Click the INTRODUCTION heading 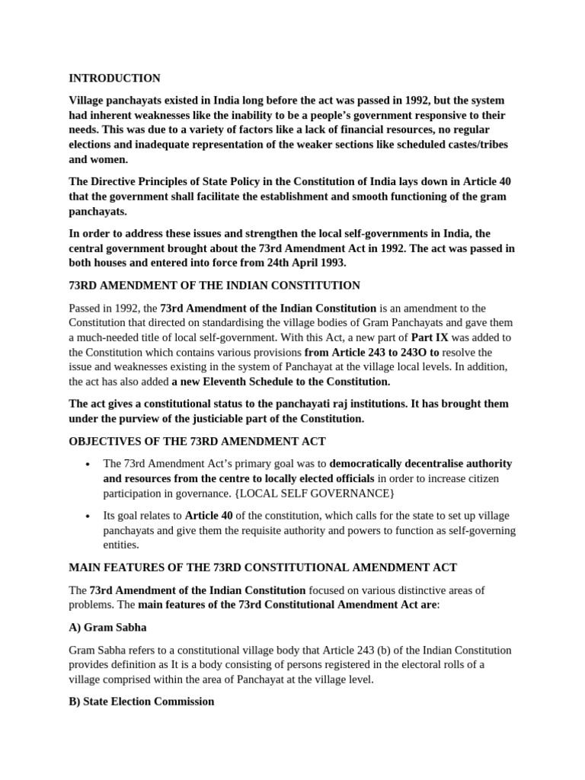[x=114, y=78]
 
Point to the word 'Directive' [x=117, y=181]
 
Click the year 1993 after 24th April [x=333, y=263]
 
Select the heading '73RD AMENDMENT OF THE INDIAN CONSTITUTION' [x=214, y=286]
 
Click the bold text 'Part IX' [x=429, y=337]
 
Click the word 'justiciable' [x=238, y=418]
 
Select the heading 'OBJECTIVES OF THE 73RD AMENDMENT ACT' [x=197, y=442]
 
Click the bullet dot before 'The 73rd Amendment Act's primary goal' [x=89, y=464]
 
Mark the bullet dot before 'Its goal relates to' [x=89, y=516]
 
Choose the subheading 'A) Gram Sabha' [x=107, y=628]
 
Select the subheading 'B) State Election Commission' [x=142, y=701]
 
